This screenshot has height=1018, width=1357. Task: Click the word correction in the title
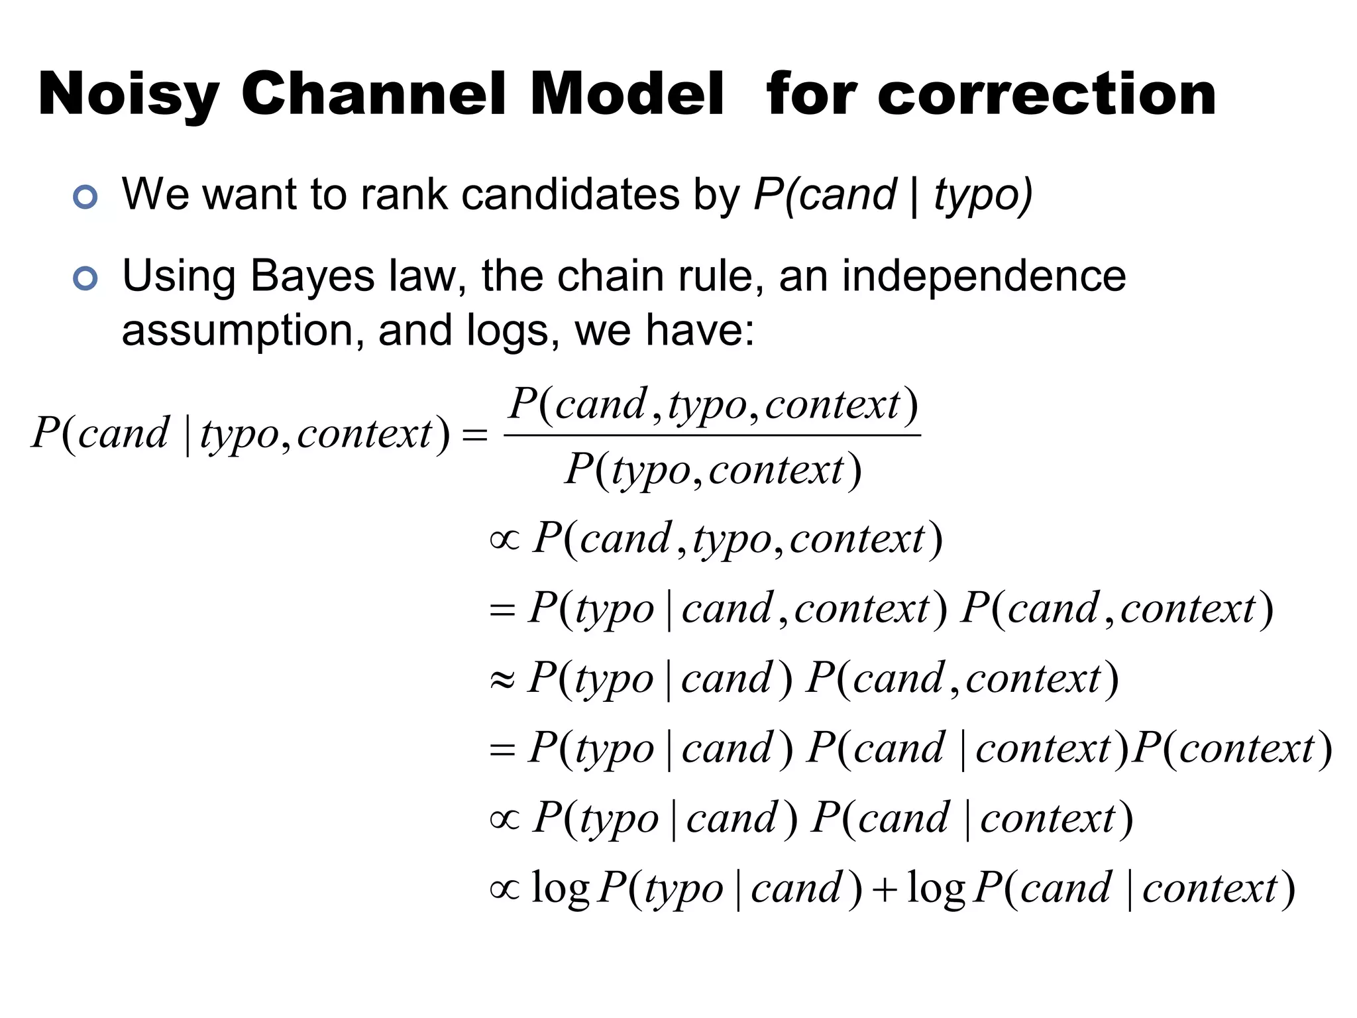(1047, 94)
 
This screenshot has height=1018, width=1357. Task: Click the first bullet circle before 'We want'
(85, 197)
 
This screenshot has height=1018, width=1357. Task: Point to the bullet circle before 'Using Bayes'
(85, 278)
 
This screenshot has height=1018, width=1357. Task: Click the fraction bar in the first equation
(712, 435)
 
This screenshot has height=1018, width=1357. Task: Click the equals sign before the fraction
(474, 435)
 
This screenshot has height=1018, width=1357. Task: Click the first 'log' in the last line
(560, 889)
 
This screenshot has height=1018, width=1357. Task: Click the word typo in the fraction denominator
(651, 472)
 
